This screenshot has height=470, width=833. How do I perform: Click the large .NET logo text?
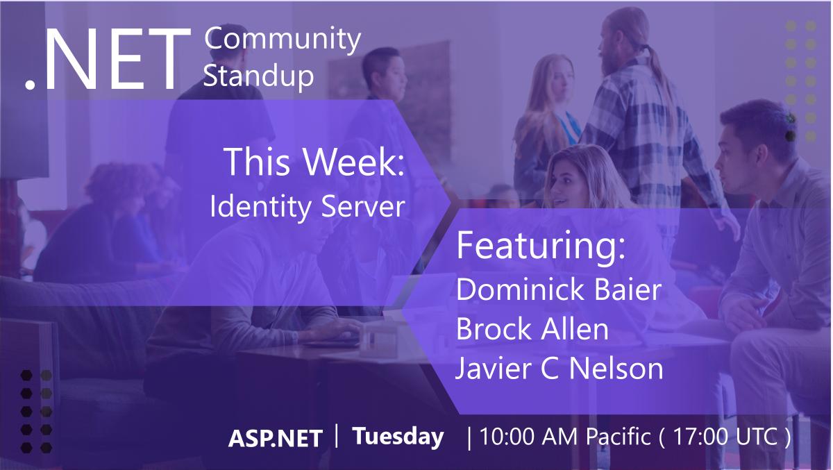108,61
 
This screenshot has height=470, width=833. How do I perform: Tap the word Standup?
258,76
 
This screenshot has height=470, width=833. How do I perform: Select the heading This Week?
314,162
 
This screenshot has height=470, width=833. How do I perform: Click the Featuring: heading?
541,247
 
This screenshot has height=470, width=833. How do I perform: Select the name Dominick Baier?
559,290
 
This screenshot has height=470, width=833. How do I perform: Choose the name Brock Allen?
532,329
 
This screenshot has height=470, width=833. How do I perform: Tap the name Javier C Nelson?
559,368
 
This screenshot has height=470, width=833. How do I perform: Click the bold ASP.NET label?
276,439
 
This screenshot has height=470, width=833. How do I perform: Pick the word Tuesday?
398,437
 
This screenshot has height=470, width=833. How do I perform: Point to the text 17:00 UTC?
724,438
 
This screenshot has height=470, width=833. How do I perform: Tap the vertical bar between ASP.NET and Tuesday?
337,437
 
